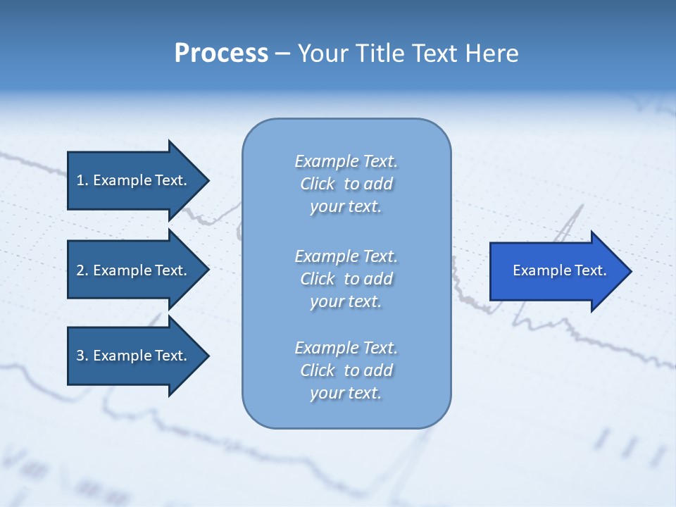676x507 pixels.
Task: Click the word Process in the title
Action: tap(221, 54)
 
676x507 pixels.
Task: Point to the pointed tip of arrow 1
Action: tap(206, 180)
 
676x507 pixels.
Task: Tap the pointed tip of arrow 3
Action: tap(206, 356)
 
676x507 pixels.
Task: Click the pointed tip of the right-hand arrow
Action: tap(629, 271)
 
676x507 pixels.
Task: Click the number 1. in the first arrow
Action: tap(82, 180)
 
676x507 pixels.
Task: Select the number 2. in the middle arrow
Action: tap(82, 270)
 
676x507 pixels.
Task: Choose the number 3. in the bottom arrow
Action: tap(82, 356)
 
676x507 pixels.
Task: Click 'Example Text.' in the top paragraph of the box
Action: tap(346, 161)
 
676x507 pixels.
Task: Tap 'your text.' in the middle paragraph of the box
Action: tap(346, 301)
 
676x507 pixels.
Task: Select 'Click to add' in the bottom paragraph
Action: tap(346, 370)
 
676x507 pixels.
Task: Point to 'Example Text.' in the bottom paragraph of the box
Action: tap(346, 348)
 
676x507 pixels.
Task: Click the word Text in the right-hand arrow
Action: tap(590, 270)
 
